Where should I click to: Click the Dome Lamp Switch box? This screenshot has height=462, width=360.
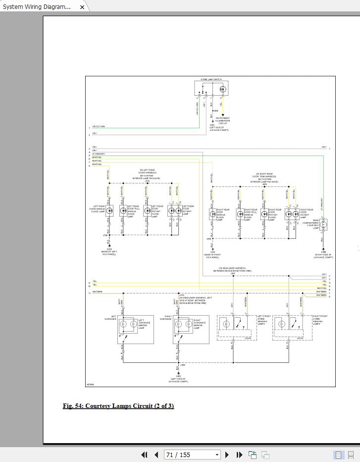coord(211,88)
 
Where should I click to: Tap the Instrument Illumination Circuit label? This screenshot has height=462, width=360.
coord(223,120)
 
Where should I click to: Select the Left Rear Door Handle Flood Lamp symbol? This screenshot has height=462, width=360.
coord(110,210)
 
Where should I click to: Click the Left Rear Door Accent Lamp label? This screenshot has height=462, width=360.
coord(188,210)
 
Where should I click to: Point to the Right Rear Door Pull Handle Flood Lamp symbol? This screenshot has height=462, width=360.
coord(240,215)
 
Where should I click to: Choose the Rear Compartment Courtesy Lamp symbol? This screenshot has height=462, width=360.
coord(324,225)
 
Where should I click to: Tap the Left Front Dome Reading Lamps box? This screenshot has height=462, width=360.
coord(234,328)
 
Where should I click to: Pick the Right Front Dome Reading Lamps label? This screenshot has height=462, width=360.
coord(319,320)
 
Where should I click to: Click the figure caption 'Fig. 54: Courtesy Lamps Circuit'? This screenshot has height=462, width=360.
coord(118,406)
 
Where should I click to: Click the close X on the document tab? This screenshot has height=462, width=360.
coord(82,7)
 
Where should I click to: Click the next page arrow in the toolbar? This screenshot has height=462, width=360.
coord(227,455)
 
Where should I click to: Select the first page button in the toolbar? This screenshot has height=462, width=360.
coord(145,455)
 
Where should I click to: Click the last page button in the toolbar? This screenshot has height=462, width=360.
coord(239,455)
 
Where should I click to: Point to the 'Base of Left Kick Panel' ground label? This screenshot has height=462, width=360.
coord(109,253)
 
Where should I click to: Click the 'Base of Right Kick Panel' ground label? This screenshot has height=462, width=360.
coord(212,256)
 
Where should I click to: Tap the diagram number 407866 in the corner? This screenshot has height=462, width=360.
coord(90,384)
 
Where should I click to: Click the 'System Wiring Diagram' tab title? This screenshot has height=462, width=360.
coord(37,7)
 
